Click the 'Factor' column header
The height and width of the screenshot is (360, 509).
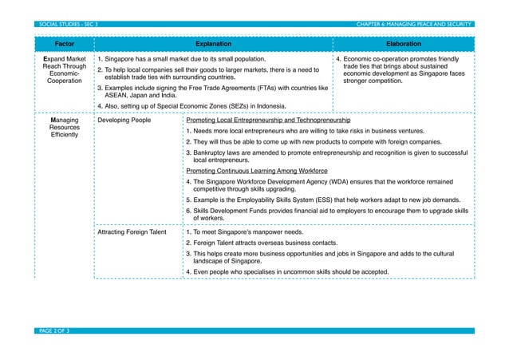point(65,45)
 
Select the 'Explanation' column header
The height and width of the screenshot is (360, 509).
point(214,45)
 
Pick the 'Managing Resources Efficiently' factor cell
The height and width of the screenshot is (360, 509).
point(64,128)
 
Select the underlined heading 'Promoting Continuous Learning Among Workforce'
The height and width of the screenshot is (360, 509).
point(256,171)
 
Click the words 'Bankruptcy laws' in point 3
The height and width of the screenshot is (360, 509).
point(211,152)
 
